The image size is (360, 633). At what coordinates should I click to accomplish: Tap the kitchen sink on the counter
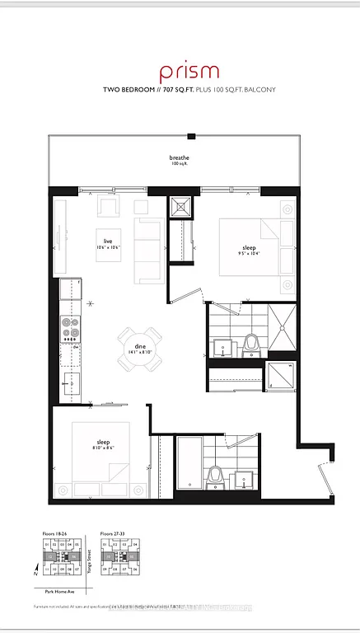tap(69, 384)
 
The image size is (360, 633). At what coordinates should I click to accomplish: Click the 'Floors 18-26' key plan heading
tap(57, 534)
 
